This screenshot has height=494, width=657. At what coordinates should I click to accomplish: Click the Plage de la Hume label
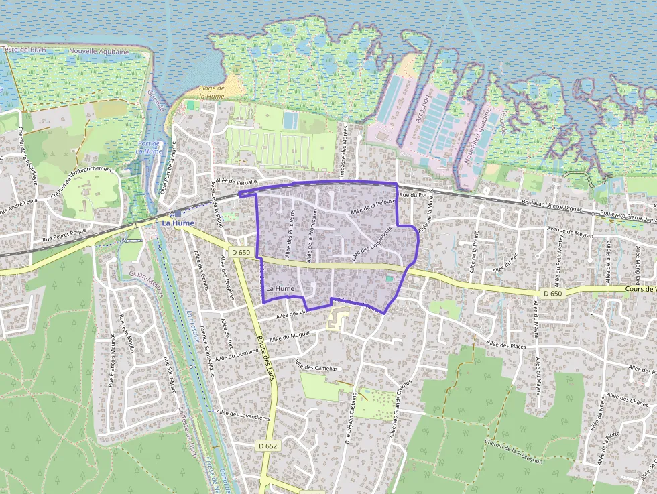tap(211, 92)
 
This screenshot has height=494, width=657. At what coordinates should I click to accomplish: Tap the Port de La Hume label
tap(149, 147)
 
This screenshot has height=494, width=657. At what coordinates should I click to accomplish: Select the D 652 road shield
tap(267, 446)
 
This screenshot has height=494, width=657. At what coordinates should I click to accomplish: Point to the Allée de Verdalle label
tap(237, 181)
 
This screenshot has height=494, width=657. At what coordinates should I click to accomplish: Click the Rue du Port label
tap(414, 195)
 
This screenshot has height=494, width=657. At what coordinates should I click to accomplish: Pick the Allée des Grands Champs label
tap(399, 406)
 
